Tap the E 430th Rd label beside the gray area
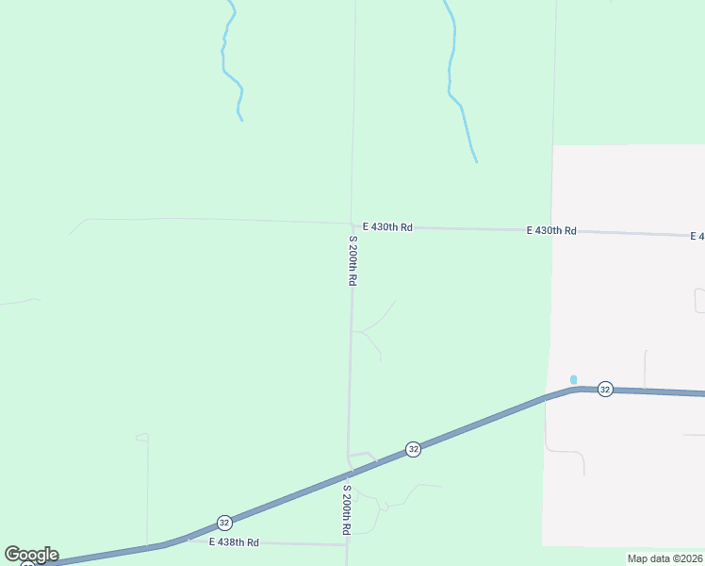(551, 230)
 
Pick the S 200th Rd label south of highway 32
(348, 510)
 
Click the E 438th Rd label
(234, 542)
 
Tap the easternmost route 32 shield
(605, 390)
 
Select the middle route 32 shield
(413, 449)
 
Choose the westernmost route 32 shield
(224, 522)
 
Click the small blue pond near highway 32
(573, 379)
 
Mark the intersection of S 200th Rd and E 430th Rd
(352, 225)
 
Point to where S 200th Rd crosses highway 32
(349, 472)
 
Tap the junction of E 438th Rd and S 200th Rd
(347, 544)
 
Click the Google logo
(31, 555)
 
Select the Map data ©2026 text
(664, 558)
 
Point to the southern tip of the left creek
(242, 120)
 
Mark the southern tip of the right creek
(477, 161)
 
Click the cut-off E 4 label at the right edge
(697, 236)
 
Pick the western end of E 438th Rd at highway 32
(189, 540)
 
